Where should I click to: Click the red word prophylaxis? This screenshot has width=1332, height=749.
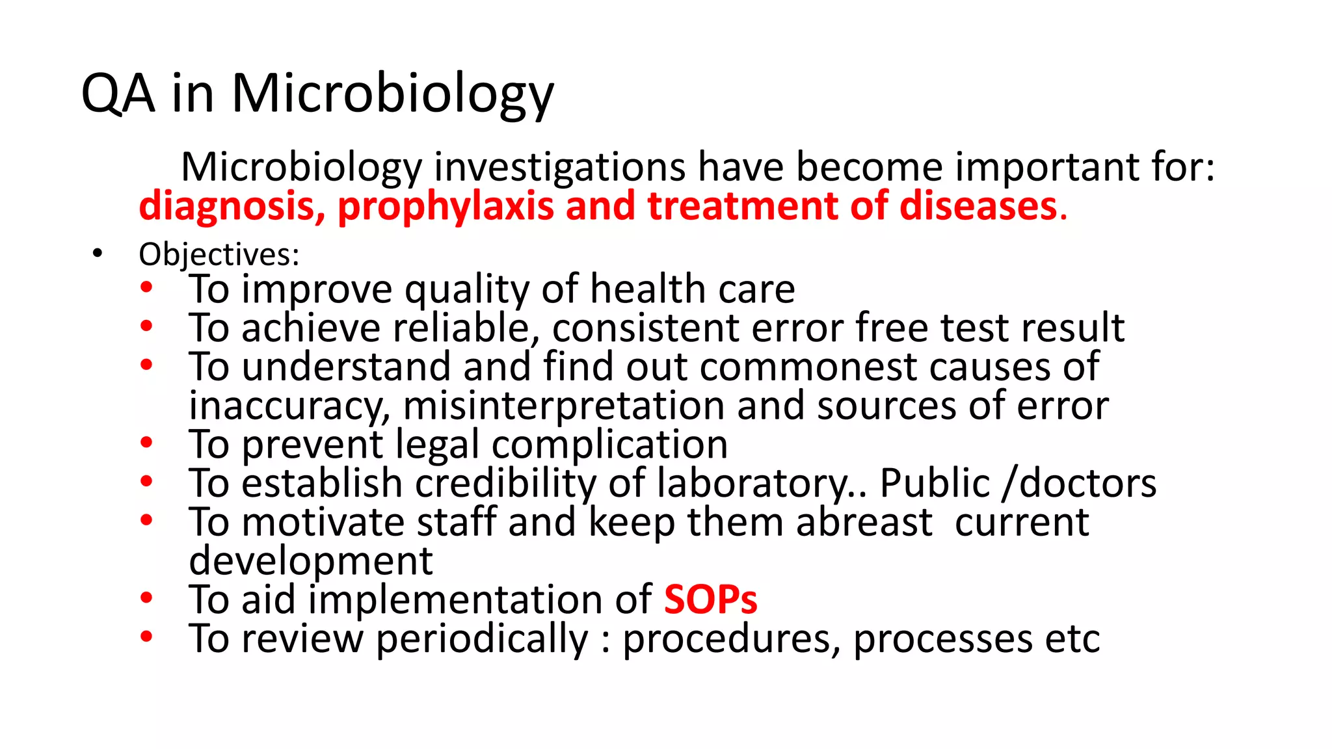[x=446, y=207]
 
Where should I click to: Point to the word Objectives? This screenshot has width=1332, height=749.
[x=219, y=254]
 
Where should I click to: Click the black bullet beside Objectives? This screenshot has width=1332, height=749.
[x=97, y=254]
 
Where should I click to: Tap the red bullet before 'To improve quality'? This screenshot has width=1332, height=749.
[x=146, y=287]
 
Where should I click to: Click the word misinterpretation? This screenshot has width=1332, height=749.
[x=563, y=406]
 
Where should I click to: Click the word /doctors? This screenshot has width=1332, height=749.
[x=1080, y=484]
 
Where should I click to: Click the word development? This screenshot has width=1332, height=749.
[x=311, y=561]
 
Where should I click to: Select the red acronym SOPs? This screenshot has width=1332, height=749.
[x=710, y=599]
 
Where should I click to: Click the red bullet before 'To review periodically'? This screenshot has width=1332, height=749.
[x=146, y=636]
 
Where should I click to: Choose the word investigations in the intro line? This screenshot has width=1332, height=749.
[x=559, y=167]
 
